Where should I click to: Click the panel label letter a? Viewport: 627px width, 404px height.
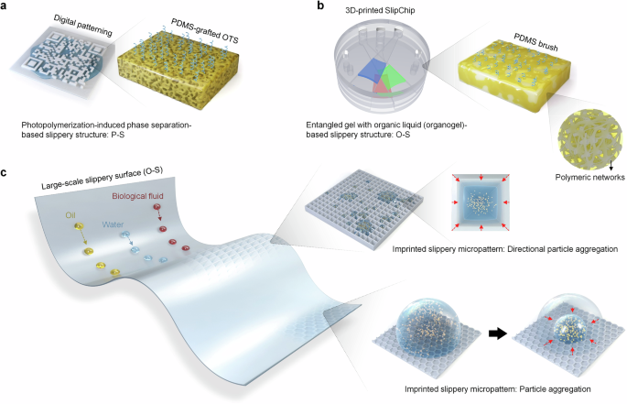coord(6,7)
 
